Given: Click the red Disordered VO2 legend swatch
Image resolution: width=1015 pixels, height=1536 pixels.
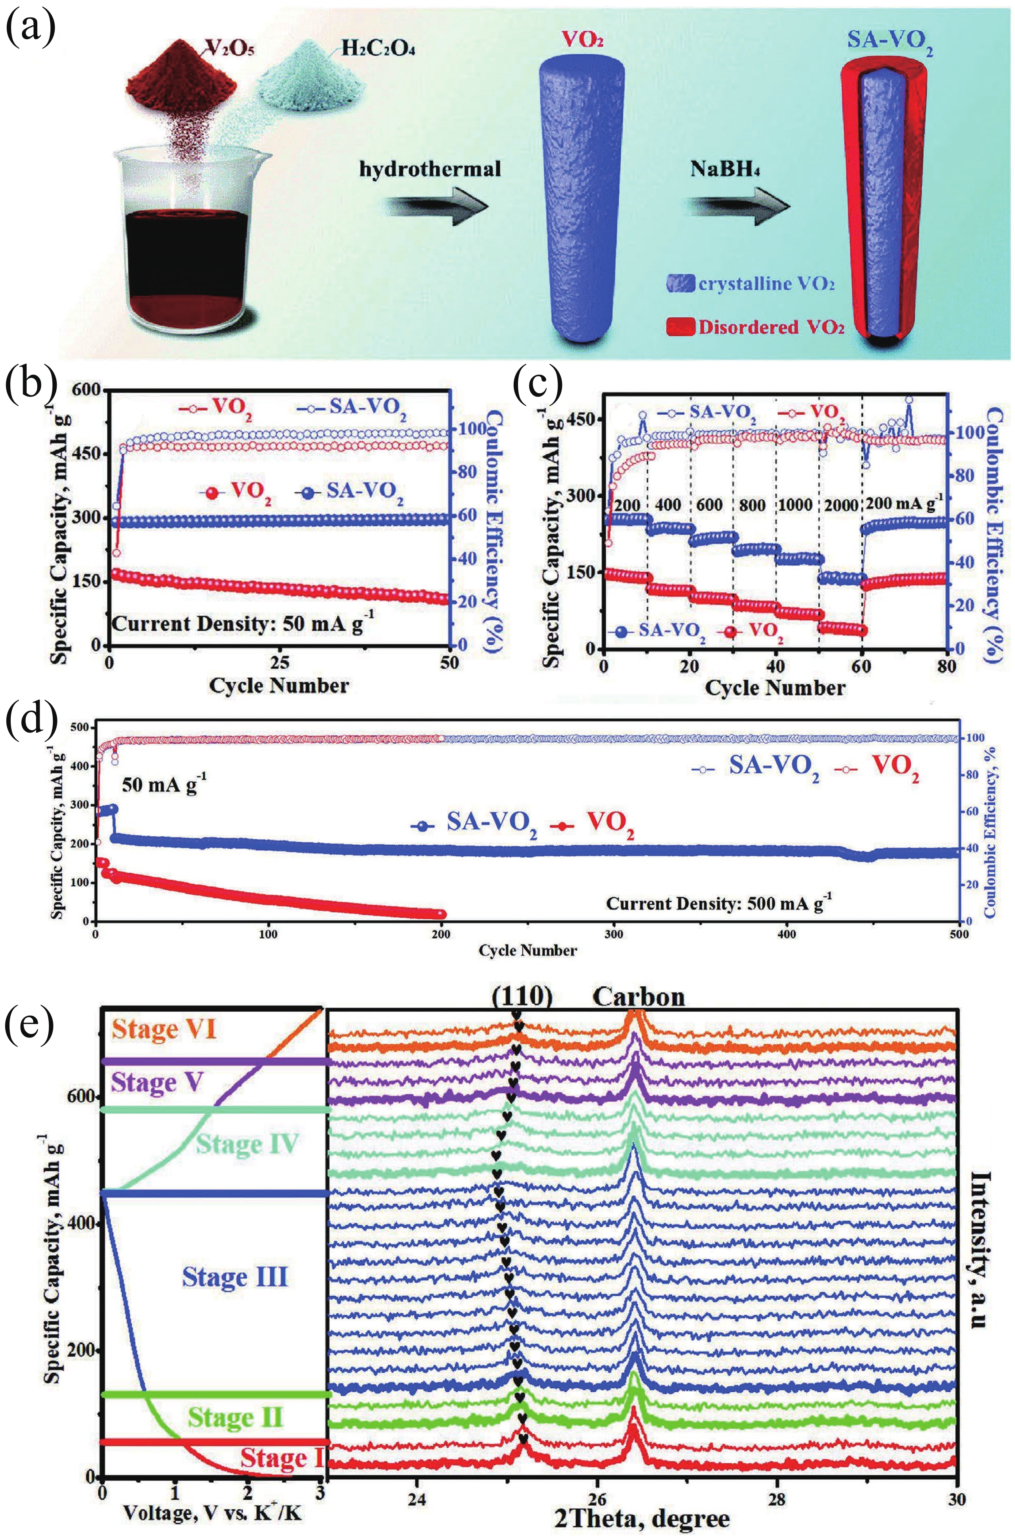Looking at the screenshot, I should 680,327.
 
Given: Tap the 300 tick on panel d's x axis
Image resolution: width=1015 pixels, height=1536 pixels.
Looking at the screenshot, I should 614,935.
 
